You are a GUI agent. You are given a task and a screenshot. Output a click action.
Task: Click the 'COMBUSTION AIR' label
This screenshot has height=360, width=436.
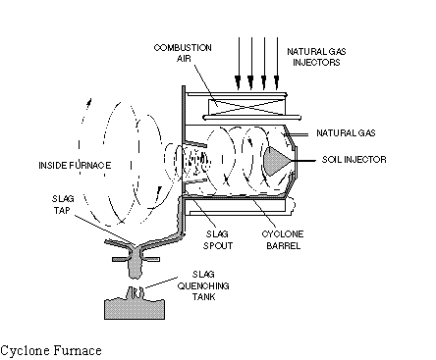[x=183, y=53]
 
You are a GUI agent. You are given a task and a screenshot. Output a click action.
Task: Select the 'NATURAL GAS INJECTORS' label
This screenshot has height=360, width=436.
[x=316, y=57]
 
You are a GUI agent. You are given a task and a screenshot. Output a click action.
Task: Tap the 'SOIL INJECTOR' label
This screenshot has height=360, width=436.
[x=354, y=160]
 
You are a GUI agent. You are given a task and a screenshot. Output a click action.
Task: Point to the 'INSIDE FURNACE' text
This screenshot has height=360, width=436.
[x=75, y=165]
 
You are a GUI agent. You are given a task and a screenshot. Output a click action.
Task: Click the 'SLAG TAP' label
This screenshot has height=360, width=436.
[x=63, y=204]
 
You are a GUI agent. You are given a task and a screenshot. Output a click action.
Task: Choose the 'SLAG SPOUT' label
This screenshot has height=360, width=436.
[x=218, y=239]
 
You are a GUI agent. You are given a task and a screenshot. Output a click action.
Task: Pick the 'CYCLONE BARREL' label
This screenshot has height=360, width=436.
[x=283, y=239]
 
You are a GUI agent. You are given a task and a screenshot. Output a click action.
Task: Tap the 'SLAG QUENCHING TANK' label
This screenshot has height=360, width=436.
[x=203, y=285]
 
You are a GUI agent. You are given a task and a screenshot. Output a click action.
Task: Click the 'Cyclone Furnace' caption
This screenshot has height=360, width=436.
[x=51, y=350]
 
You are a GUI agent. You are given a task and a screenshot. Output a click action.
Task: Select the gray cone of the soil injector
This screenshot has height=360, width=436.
[x=274, y=161]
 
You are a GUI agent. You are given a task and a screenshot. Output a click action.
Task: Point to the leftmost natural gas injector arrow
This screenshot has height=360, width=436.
[x=239, y=63]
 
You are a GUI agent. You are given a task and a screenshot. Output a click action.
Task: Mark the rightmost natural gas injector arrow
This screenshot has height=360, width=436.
[x=277, y=63]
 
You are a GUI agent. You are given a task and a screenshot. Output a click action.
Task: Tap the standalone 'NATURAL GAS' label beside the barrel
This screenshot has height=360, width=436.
[x=346, y=133]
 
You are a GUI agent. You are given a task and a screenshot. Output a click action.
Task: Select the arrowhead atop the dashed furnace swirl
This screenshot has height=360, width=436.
[x=88, y=102]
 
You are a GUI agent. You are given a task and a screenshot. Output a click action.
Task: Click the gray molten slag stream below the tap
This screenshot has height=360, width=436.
[x=135, y=264]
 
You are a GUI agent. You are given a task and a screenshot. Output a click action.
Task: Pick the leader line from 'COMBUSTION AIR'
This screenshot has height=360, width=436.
[x=206, y=85]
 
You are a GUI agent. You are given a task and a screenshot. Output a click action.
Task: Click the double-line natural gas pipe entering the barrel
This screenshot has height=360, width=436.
[x=297, y=134]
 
